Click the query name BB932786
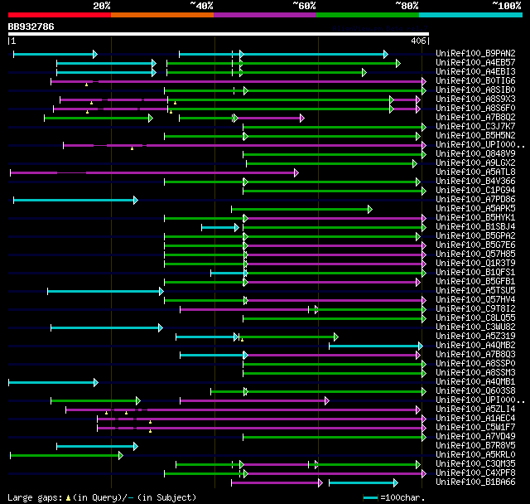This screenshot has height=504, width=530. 31,27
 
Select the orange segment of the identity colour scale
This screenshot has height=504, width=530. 162,15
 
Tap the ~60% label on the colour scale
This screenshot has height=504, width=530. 304,6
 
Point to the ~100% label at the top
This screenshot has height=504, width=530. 506,6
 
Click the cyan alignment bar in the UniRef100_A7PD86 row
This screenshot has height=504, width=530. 75,200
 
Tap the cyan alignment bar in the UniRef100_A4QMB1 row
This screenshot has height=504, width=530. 52,382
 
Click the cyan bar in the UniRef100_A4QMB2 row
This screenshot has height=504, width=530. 376,346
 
